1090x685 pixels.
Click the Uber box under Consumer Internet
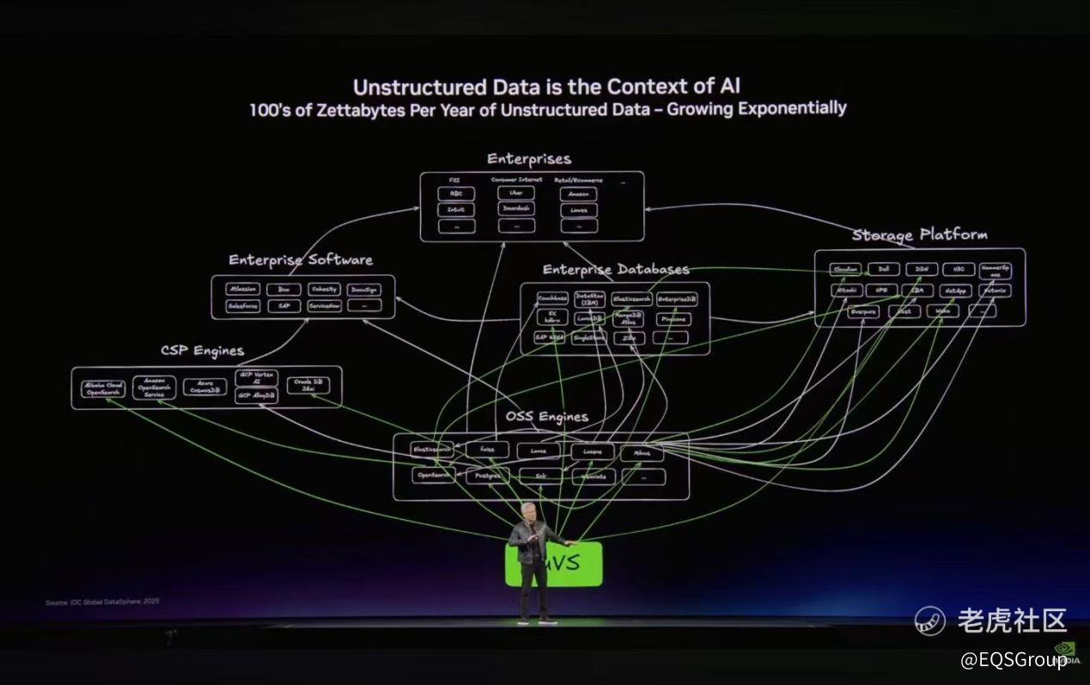pos(515,193)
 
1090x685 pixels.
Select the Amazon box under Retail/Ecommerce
pos(578,194)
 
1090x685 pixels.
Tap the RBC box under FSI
pos(455,194)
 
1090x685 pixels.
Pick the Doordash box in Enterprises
pos(515,210)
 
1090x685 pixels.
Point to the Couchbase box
pos(552,299)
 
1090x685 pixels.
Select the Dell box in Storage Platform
pos(883,269)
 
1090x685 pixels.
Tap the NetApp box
pos(955,291)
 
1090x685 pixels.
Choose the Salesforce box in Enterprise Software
pos(243,306)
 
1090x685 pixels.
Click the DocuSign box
pos(365,290)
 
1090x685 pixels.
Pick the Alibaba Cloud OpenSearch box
pos(103,388)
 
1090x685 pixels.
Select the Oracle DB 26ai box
pos(308,385)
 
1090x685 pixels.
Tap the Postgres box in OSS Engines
pos(486,475)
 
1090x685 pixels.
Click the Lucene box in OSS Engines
pos(592,452)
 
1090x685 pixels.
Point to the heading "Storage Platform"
pos(919,235)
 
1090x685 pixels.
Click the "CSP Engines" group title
pos(202,351)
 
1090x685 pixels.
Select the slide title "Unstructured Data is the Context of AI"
pos(546,87)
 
